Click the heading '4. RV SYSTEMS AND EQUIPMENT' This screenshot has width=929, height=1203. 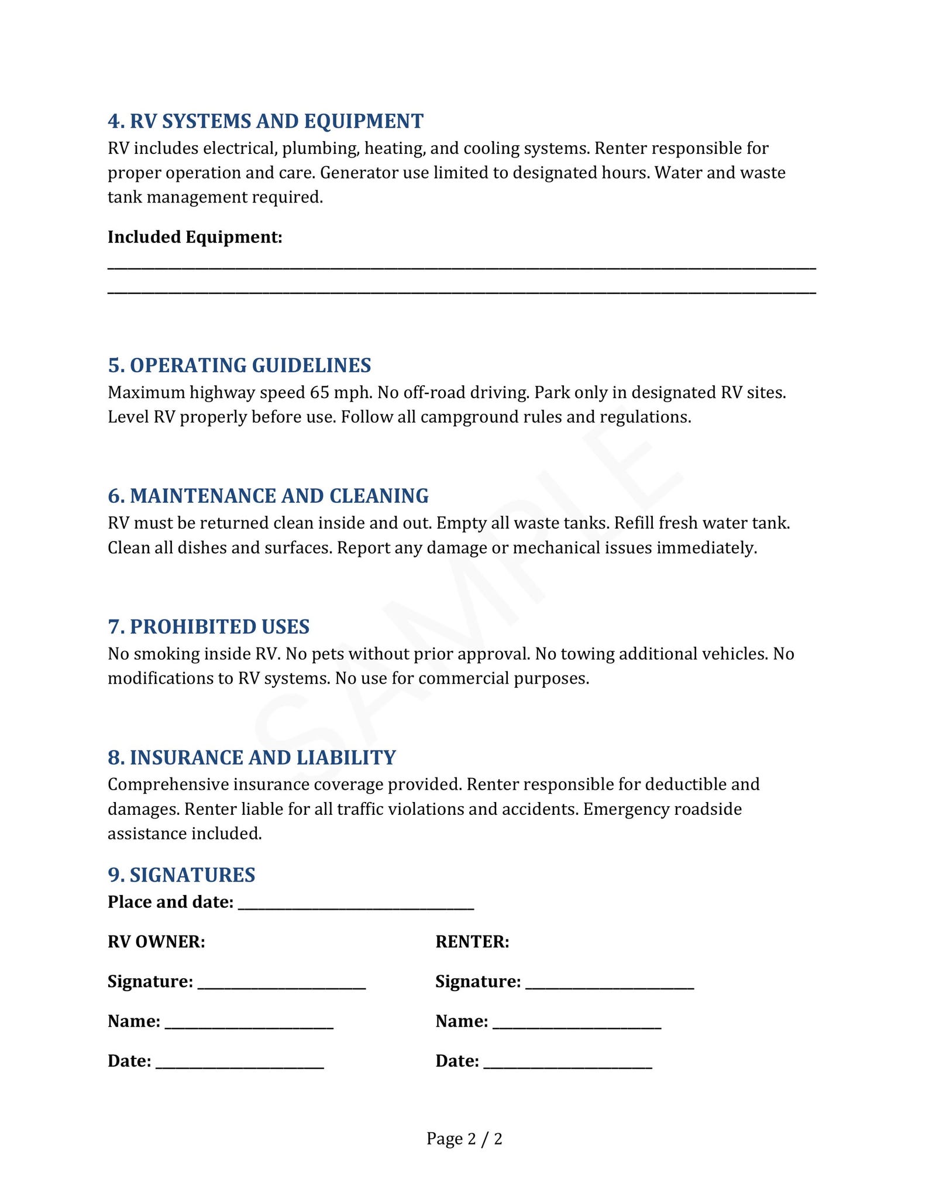click(266, 121)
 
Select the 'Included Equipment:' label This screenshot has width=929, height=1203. click(195, 237)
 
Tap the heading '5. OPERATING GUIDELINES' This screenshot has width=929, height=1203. click(239, 365)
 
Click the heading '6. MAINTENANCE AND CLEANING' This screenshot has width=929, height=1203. click(268, 496)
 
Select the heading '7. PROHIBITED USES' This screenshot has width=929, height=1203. click(208, 627)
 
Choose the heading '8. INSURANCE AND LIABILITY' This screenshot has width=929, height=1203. click(252, 758)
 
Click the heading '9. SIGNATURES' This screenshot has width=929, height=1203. click(181, 875)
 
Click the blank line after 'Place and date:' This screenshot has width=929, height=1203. click(356, 903)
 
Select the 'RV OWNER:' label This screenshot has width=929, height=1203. click(156, 942)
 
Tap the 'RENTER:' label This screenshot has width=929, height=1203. click(472, 942)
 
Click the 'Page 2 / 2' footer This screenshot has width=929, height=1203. click(464, 1139)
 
